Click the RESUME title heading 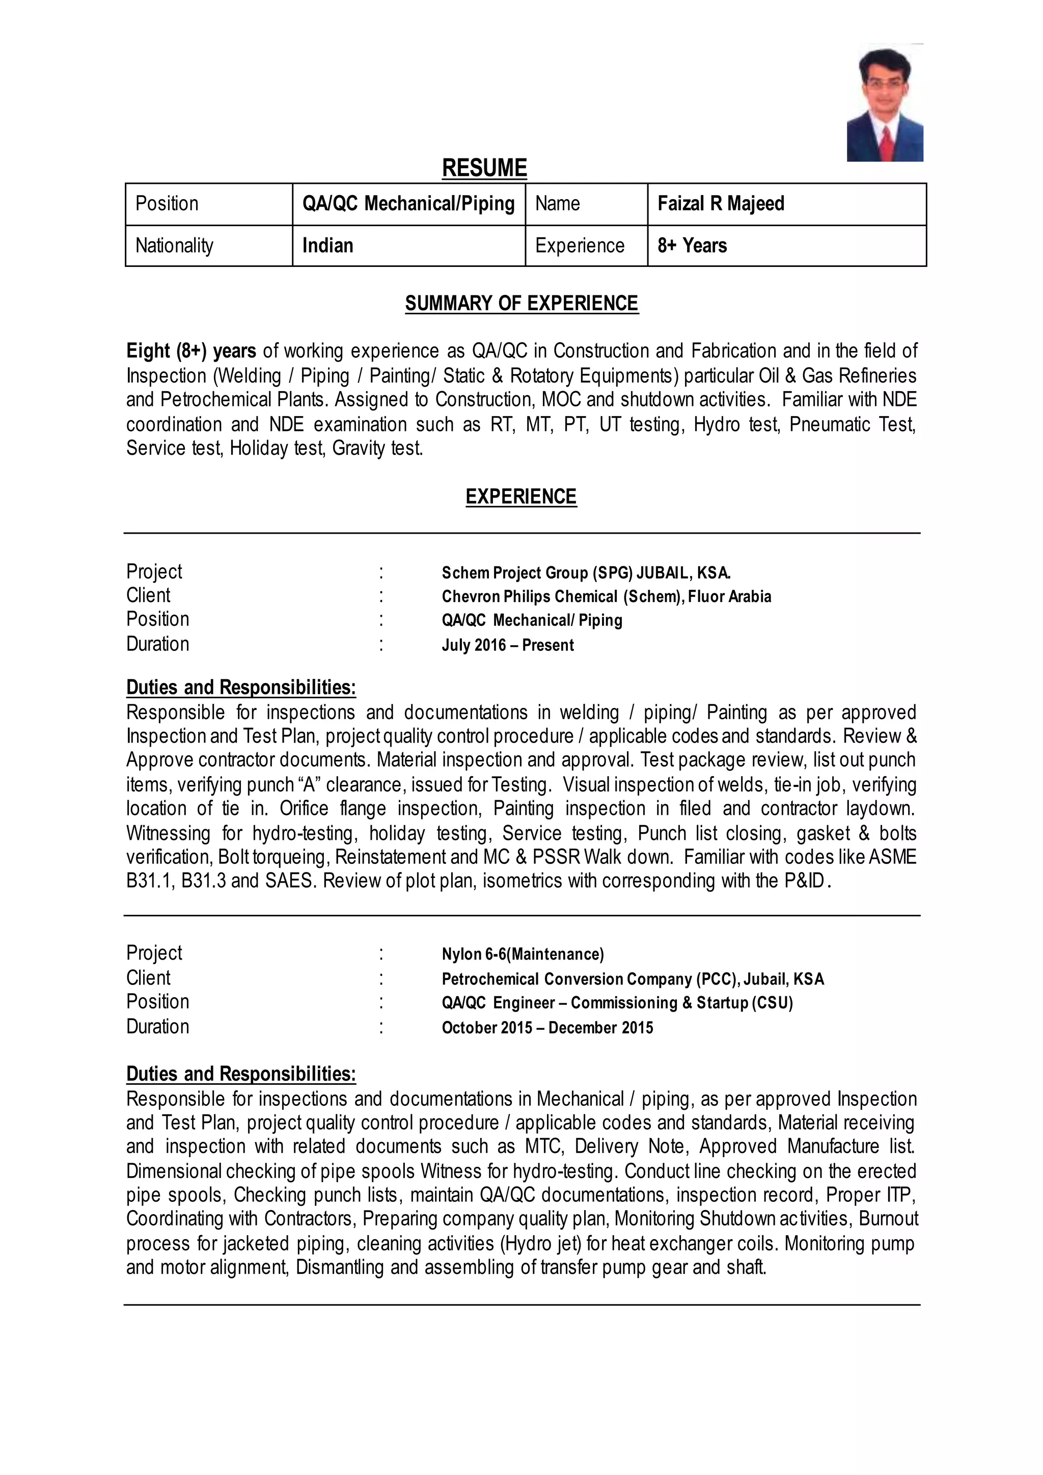[484, 168]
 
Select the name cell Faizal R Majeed [721, 204]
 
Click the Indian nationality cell [327, 245]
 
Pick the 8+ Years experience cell [692, 245]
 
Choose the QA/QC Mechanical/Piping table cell [408, 204]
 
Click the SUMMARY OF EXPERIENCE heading [521, 303]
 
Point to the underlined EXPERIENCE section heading [521, 497]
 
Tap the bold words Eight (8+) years [191, 351]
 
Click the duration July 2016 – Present [507, 645]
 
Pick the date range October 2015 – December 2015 [547, 1027]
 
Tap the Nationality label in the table [174, 245]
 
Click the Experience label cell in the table [579, 245]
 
